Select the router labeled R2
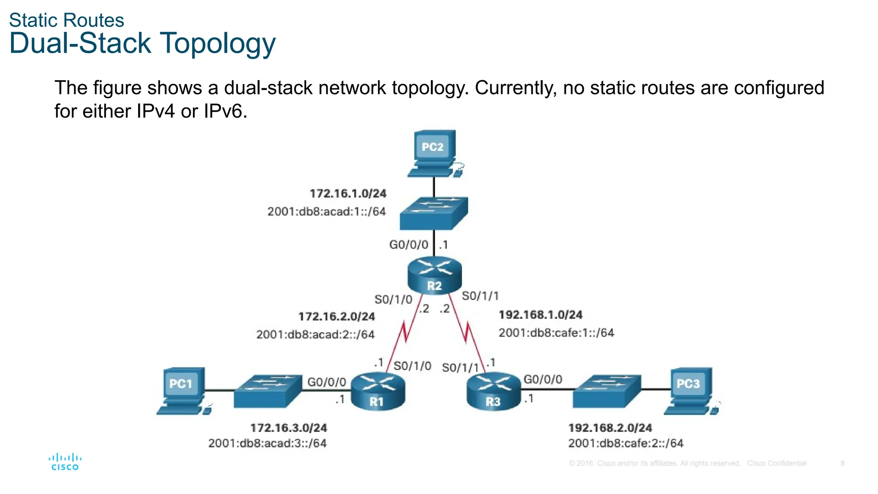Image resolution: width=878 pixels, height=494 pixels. tap(434, 275)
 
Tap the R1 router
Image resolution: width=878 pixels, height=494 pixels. tap(378, 391)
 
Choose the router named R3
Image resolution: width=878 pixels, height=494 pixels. tap(493, 391)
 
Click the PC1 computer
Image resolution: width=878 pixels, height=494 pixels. tap(182, 390)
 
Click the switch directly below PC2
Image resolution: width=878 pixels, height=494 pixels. tap(433, 213)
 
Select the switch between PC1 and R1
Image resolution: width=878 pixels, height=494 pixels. tap(268, 391)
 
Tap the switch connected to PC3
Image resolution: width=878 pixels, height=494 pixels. tap(607, 391)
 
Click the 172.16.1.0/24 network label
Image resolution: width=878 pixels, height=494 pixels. tap(348, 193)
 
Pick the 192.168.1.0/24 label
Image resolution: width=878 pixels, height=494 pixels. tap(540, 315)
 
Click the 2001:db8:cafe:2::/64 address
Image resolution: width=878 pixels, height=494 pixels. tap(625, 443)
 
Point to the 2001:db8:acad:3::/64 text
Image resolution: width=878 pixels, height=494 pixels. tap(268, 443)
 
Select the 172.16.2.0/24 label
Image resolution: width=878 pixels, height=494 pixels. tap(337, 316)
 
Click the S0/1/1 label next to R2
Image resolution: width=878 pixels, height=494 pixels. tap(480, 296)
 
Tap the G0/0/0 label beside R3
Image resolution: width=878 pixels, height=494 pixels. tap(543, 379)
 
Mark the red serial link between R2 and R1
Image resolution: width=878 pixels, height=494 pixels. tap(405, 332)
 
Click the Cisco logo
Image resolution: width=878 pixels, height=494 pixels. tap(65, 462)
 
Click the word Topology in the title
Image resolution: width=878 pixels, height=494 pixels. tap(217, 44)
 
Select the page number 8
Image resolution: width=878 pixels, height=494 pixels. tap(842, 463)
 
